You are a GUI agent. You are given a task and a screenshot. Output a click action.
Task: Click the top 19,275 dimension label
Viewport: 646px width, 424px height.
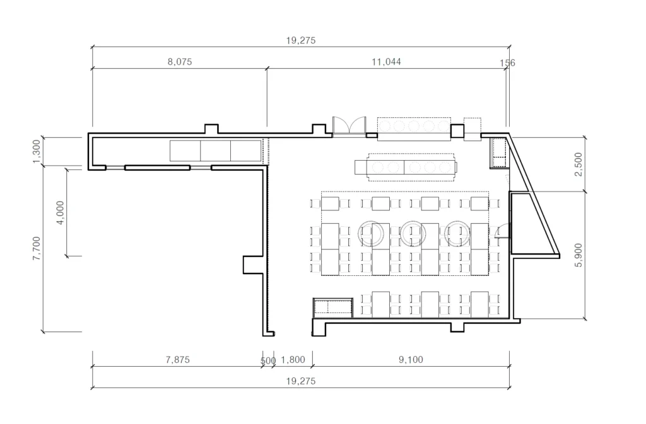pyautogui.click(x=301, y=40)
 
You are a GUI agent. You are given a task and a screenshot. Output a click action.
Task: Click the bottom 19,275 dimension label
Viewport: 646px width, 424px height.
pyautogui.click(x=301, y=381)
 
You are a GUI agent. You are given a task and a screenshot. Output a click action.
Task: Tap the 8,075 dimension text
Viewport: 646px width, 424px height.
pyautogui.click(x=180, y=62)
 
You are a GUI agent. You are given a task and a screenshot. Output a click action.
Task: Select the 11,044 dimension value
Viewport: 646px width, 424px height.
pyautogui.click(x=386, y=62)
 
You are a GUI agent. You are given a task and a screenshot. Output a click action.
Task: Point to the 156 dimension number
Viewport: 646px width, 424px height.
pyautogui.click(x=507, y=63)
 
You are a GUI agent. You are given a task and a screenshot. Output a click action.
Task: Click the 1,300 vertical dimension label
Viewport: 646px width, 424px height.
pyautogui.click(x=37, y=151)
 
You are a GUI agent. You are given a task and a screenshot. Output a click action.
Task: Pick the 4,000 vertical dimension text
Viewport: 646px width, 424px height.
pyautogui.click(x=60, y=212)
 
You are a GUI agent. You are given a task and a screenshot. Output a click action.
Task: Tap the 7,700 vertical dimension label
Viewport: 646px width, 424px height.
pyautogui.click(x=37, y=248)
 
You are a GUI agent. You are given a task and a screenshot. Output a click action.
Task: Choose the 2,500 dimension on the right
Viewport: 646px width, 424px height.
pyautogui.click(x=578, y=164)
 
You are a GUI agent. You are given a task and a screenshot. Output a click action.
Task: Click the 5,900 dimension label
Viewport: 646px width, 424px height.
pyautogui.click(x=578, y=255)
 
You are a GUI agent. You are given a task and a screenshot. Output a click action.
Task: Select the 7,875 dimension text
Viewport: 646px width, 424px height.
pyautogui.click(x=177, y=360)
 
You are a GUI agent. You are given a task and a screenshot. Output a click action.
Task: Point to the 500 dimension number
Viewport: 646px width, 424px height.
pyautogui.click(x=267, y=361)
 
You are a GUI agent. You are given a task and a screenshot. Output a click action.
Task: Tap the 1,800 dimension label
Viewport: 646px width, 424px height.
pyautogui.click(x=293, y=360)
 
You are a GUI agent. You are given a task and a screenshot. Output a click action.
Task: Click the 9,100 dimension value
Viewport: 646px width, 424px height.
pyautogui.click(x=411, y=360)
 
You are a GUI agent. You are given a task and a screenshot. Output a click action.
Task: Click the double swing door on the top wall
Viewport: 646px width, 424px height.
pyautogui.click(x=349, y=126)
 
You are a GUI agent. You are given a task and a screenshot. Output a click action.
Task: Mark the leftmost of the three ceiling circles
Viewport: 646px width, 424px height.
pyautogui.click(x=371, y=233)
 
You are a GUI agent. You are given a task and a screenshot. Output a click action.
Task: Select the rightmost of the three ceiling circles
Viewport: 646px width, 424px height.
pyautogui.click(x=457, y=233)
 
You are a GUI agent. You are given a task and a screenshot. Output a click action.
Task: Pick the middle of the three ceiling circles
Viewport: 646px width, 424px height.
pyautogui.click(x=413, y=233)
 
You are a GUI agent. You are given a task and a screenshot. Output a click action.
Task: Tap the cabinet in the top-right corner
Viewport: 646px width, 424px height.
pyautogui.click(x=498, y=153)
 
